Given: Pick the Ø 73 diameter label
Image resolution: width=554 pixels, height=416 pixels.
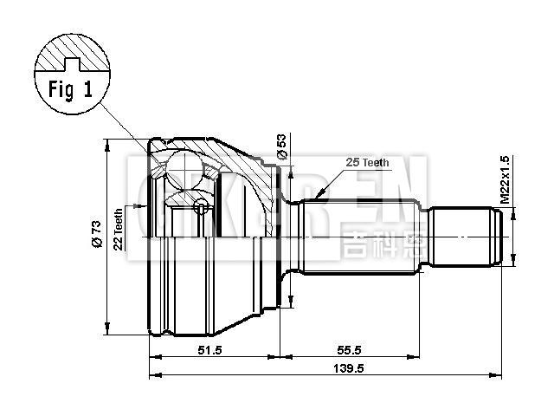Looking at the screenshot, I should (x=97, y=235).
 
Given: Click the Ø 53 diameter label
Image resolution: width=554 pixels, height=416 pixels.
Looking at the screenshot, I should (x=281, y=146).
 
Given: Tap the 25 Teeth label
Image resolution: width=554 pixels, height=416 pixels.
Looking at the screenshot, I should (x=366, y=162).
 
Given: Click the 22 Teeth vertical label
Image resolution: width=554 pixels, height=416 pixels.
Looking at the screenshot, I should (x=119, y=230).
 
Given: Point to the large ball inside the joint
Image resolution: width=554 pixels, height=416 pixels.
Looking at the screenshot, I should (x=184, y=166).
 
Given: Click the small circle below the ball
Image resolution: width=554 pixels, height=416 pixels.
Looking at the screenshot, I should (x=201, y=205).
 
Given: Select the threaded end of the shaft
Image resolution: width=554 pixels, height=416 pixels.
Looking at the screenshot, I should (x=467, y=236).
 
